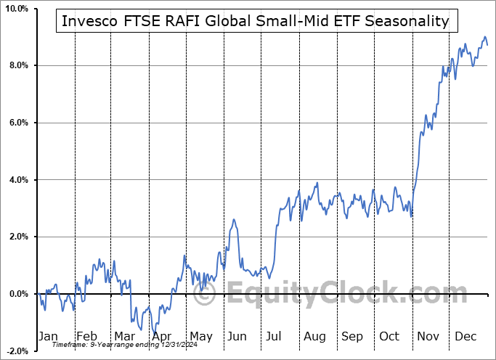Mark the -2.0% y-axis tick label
[x=17, y=351]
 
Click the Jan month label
[x=48, y=336]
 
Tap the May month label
[x=200, y=336]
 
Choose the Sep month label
[x=352, y=336]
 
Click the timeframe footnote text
[x=107, y=344]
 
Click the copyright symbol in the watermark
[x=206, y=295]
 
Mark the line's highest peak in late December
[x=485, y=37]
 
